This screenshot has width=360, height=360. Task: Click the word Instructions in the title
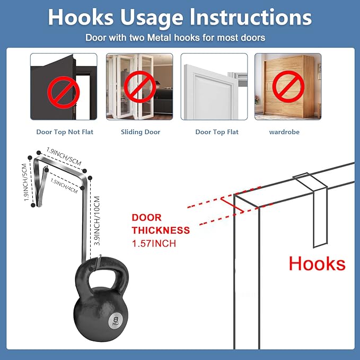251,17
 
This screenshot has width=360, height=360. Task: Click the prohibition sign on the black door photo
64,92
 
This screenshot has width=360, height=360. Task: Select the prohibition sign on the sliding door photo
140,87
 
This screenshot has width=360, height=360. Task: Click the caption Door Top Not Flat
65,132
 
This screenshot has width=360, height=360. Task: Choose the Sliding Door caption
141,132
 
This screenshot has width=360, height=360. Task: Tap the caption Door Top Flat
217,132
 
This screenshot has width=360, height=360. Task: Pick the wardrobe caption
284,132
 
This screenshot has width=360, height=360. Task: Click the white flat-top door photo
214,86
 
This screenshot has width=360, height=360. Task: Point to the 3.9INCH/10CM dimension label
97,221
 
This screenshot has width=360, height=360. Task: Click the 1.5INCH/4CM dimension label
64,186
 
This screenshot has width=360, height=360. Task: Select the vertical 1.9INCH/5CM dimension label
25,182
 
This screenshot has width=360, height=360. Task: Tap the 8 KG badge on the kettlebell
116,320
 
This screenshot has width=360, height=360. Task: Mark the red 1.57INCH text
154,243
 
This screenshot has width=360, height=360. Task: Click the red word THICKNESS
161,230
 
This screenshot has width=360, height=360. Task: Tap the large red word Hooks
317,264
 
